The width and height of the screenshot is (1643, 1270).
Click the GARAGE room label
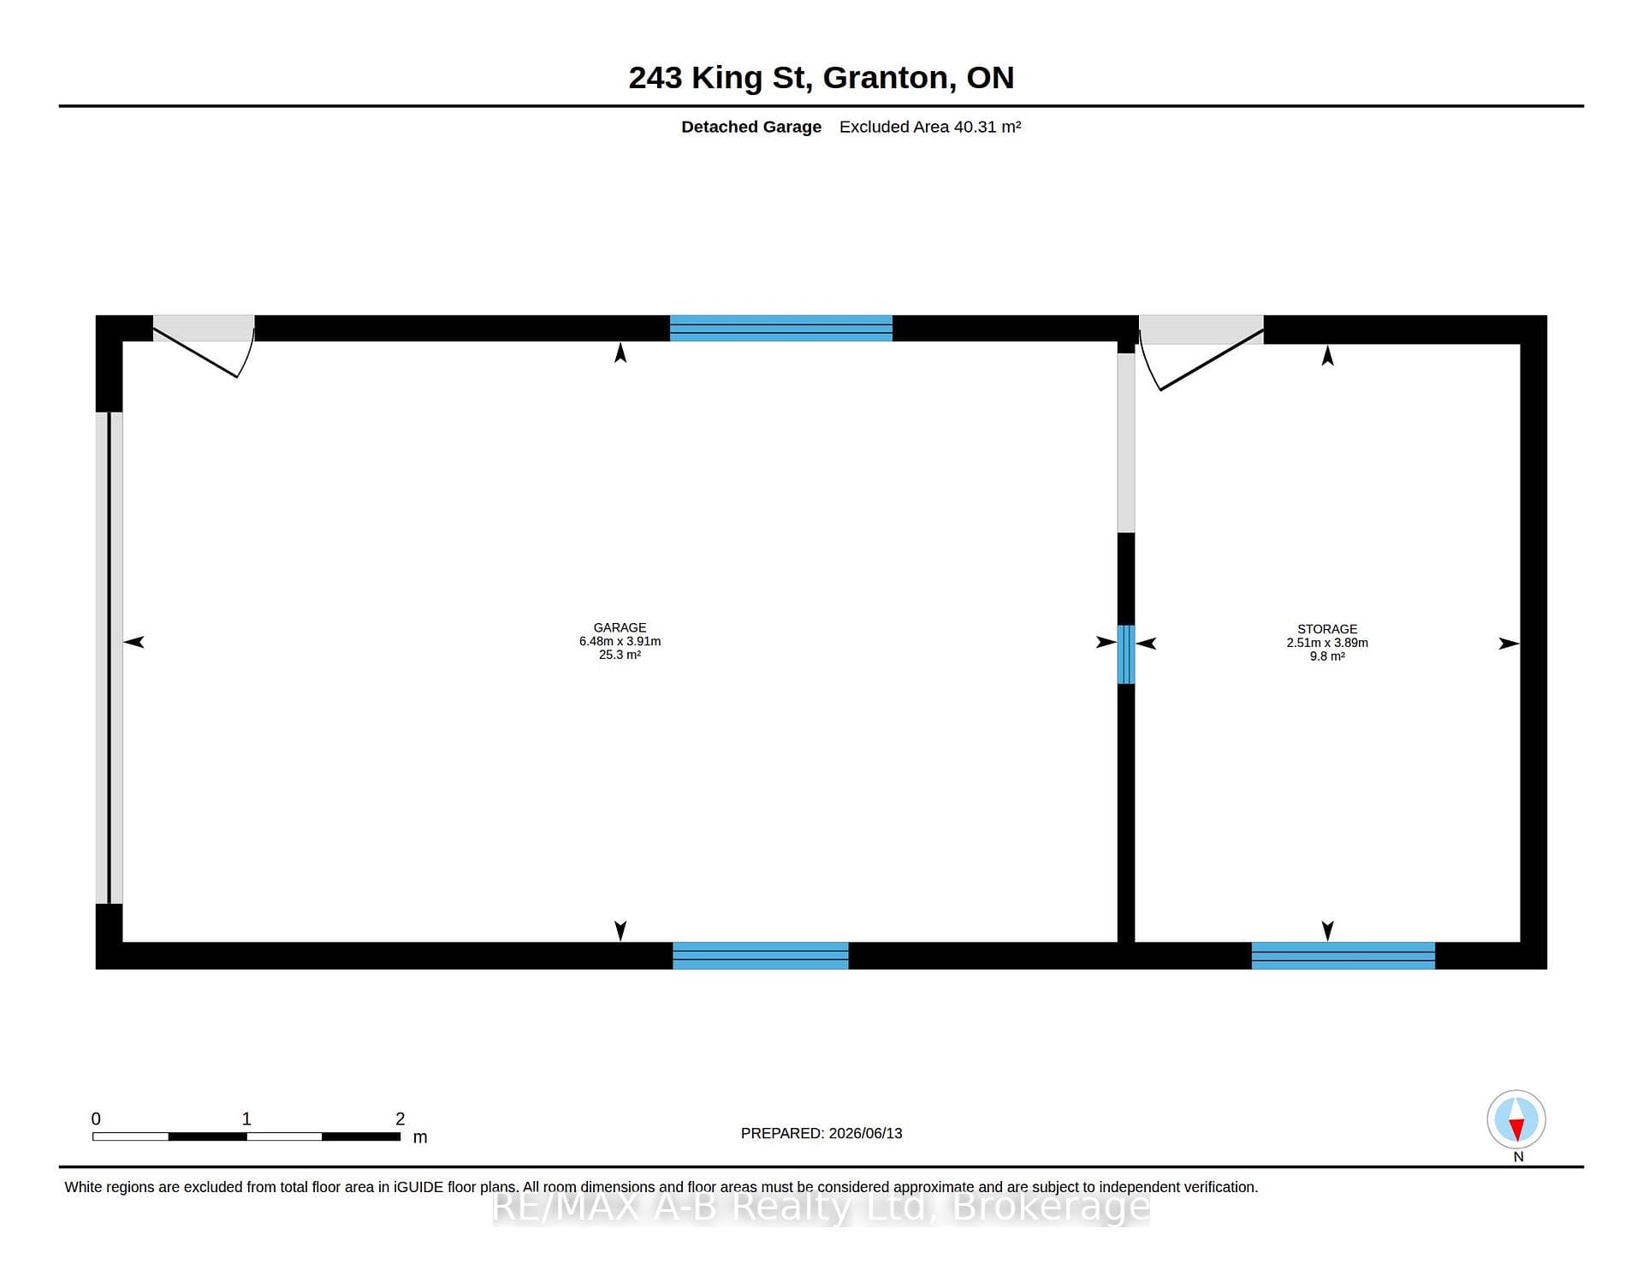tap(620, 627)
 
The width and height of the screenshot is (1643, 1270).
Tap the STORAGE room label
tap(1327, 629)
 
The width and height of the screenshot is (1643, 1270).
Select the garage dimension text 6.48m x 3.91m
tap(620, 641)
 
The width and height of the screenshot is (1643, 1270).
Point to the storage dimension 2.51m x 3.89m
tap(1327, 643)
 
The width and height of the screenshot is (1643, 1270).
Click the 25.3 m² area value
tap(620, 655)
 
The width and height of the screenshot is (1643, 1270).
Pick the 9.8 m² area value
tap(1327, 656)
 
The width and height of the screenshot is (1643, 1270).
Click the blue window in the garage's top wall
tap(780, 328)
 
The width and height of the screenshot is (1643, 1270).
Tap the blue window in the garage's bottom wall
tap(760, 955)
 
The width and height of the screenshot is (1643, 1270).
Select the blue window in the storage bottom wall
tap(1343, 955)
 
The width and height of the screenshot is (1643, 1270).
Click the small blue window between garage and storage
tap(1126, 654)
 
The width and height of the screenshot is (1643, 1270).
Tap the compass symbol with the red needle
tap(1516, 1119)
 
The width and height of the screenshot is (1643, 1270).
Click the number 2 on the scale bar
tap(400, 1119)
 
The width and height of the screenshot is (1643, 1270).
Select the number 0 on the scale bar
tap(96, 1119)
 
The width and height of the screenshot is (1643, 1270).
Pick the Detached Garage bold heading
tap(751, 127)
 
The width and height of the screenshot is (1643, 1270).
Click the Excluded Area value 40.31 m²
tap(988, 127)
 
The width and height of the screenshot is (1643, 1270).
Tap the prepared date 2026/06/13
tap(865, 1133)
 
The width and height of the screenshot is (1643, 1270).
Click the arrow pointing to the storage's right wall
tap(1509, 644)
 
